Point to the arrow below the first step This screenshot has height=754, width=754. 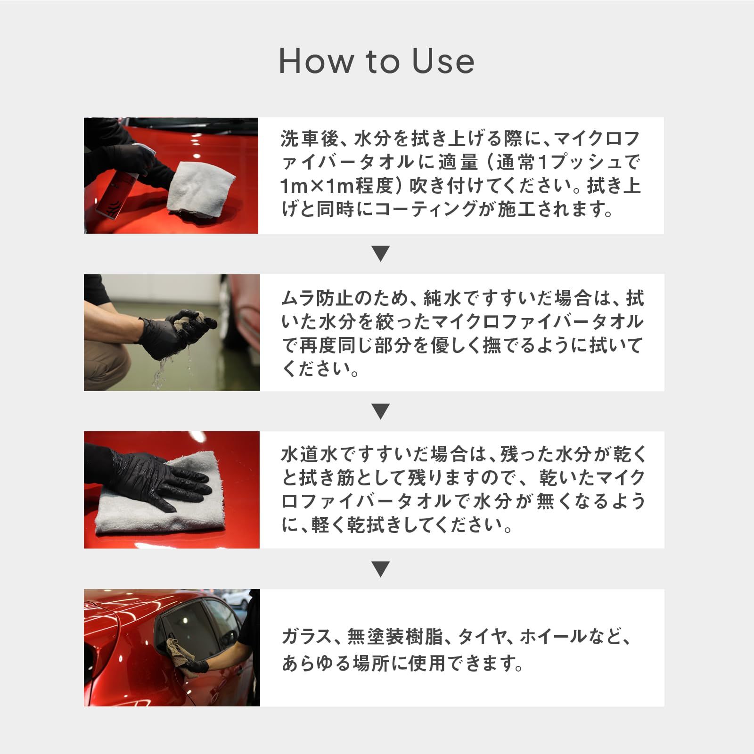[380, 254]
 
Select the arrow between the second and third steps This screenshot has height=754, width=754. [380, 411]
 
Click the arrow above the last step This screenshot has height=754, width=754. [380, 569]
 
